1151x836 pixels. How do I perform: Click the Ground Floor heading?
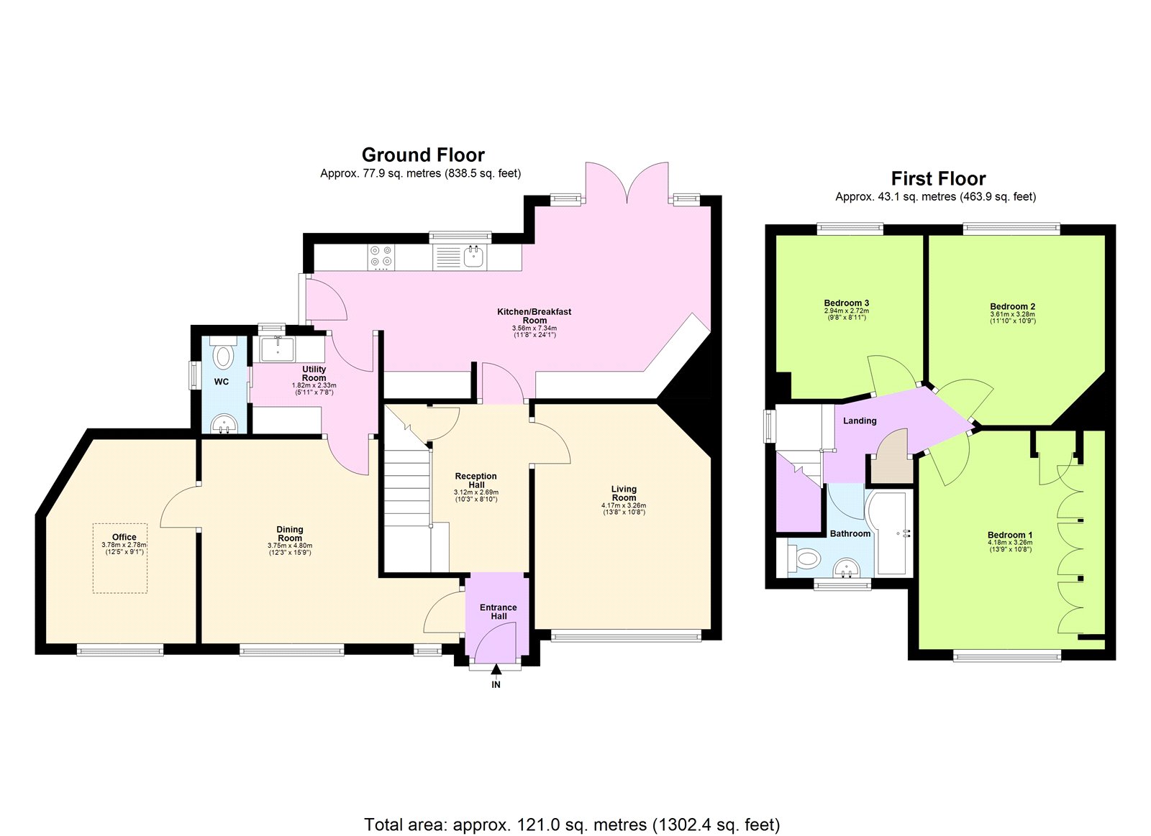423,155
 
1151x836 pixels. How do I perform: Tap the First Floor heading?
938,178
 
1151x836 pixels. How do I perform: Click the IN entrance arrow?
496,671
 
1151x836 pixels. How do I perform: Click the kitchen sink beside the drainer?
473,255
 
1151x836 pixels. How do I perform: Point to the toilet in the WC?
224,355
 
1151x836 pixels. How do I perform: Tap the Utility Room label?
314,373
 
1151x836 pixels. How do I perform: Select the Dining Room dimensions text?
290,549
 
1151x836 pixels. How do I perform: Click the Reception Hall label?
476,480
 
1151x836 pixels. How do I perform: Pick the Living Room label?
624,493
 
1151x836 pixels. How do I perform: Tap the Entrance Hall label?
499,612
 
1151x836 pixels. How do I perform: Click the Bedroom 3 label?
846,303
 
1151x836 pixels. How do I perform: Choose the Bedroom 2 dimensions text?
1012,318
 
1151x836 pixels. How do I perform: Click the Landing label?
860,421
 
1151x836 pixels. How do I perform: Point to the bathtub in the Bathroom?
892,533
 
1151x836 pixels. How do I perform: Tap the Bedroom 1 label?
1009,535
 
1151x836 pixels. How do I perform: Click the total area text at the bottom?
572,824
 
